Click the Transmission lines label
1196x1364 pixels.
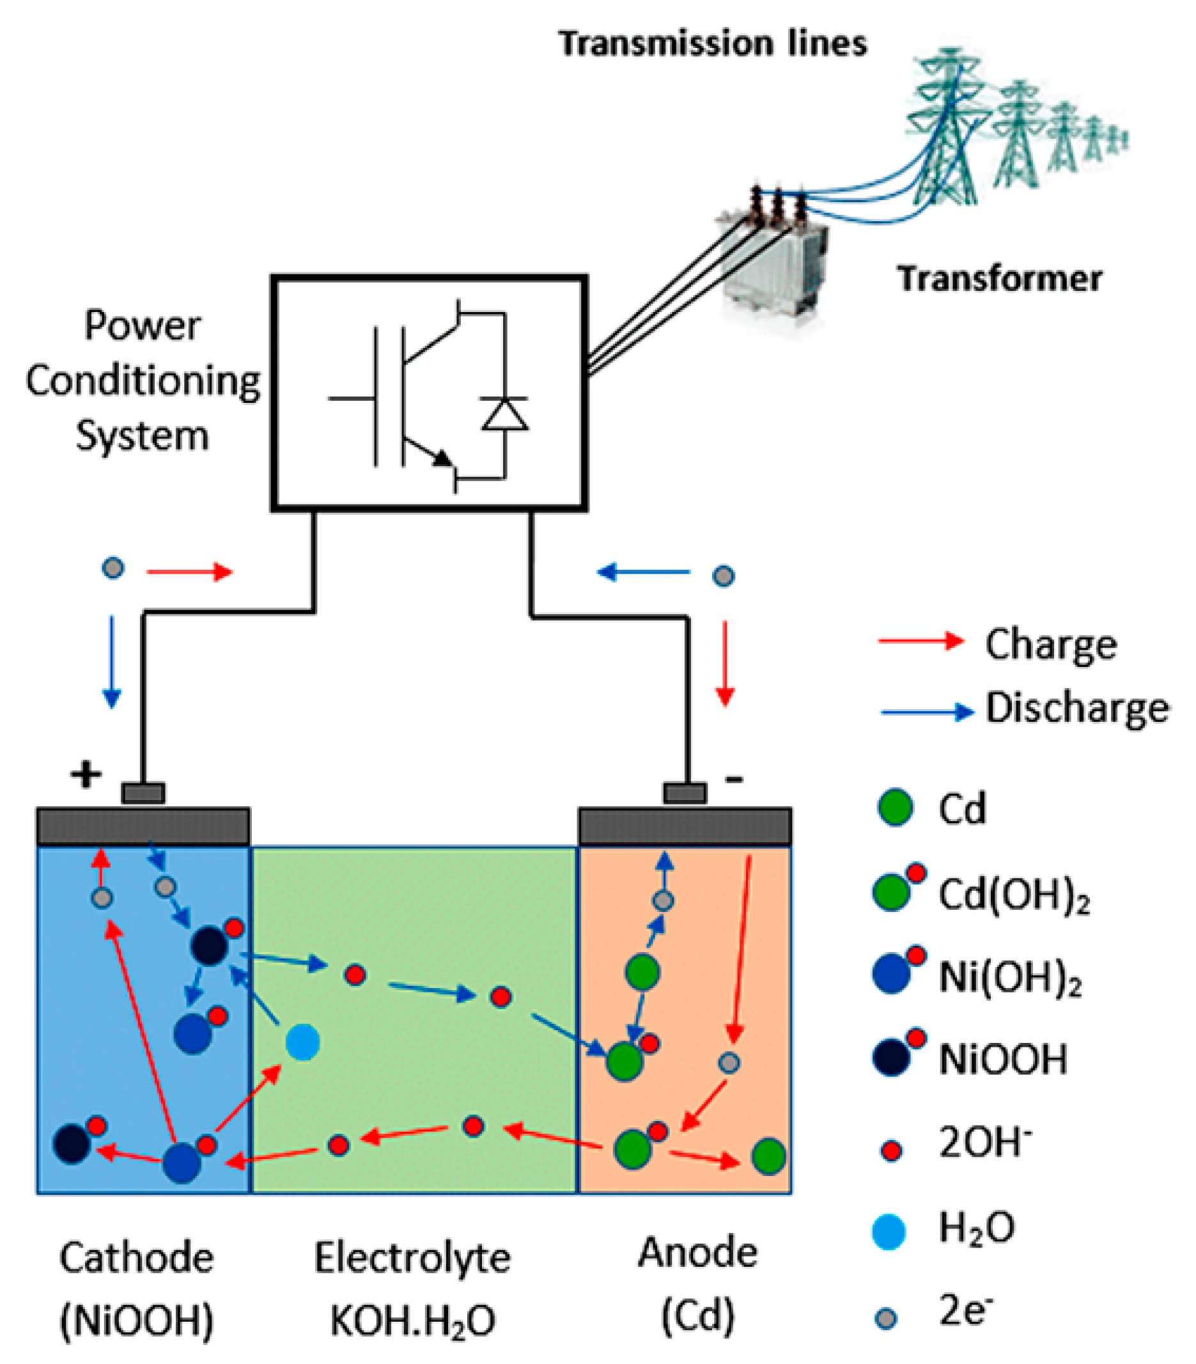click(712, 44)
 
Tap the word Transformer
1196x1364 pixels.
click(998, 278)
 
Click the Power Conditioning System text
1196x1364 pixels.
click(143, 380)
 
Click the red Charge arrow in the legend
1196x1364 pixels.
click(920, 641)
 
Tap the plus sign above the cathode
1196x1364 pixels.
click(86, 775)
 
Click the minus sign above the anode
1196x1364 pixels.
click(734, 779)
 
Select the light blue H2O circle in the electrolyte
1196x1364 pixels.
click(302, 1042)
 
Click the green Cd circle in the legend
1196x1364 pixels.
click(894, 808)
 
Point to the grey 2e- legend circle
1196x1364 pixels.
click(886, 1319)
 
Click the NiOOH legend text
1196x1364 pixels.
click(1002, 1060)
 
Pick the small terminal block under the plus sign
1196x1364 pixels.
click(143, 793)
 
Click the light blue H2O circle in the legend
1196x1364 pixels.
click(889, 1231)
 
